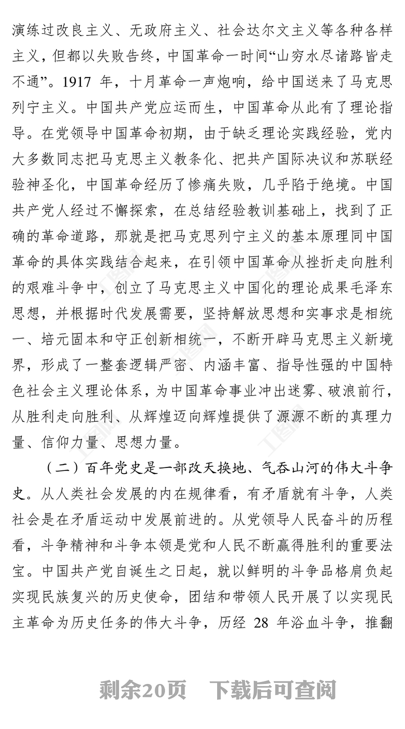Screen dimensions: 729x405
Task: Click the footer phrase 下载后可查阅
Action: pos(273,690)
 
